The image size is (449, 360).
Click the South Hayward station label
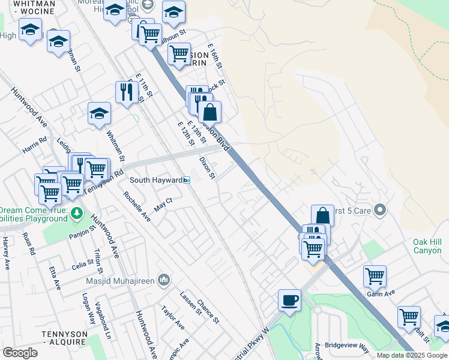(x=157, y=180)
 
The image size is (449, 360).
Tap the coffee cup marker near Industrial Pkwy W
(x=290, y=301)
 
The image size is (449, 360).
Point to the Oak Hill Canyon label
(x=427, y=246)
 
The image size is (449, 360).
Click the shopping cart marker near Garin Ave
(x=375, y=277)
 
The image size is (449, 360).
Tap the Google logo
(x=20, y=352)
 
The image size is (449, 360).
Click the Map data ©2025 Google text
(x=412, y=355)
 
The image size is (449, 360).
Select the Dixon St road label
(x=207, y=168)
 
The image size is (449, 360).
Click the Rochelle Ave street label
(x=137, y=206)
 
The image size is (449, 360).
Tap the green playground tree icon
(x=76, y=213)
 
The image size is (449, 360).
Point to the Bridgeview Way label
(x=346, y=346)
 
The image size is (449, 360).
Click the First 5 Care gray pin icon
(x=379, y=210)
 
